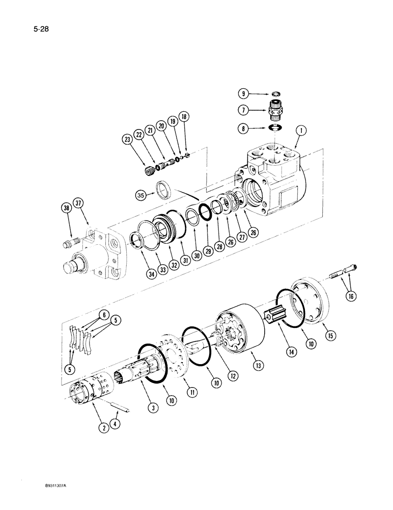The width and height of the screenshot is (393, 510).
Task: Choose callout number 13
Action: pos(253,365)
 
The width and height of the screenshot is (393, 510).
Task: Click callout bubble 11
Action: pos(193,393)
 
